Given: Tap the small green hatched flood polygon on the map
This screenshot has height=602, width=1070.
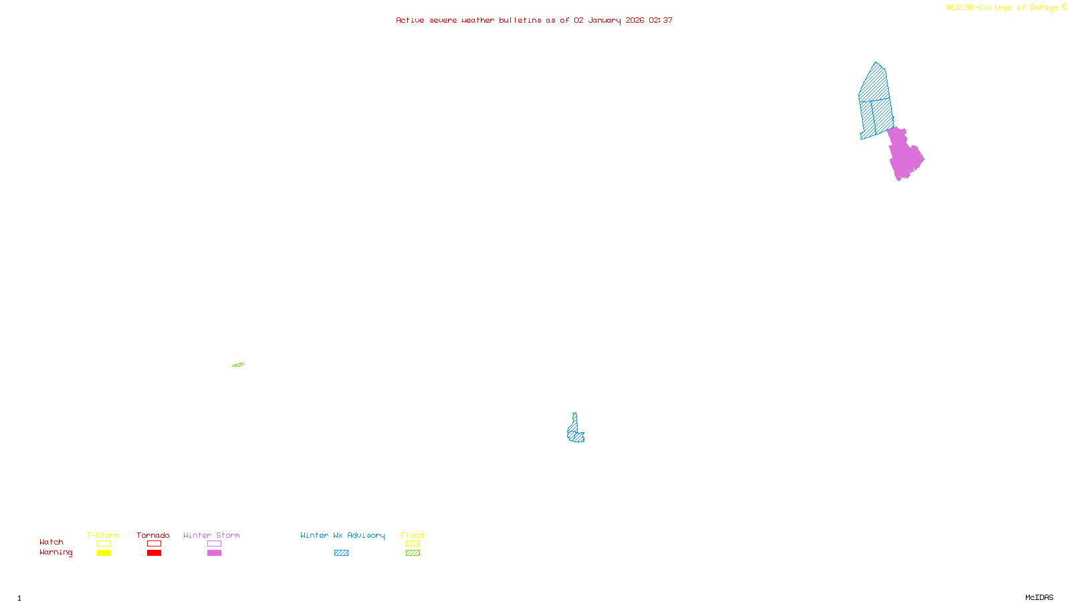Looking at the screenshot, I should coord(238,365).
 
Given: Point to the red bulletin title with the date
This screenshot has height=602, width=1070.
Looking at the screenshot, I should coord(534,20).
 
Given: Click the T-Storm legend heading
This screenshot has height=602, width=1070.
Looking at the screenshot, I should coord(103,535).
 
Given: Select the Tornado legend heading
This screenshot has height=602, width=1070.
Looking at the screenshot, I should coord(153,535).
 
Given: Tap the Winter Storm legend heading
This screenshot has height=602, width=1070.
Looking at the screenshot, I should coord(211,535).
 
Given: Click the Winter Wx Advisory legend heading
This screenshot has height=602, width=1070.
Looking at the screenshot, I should coord(342,535).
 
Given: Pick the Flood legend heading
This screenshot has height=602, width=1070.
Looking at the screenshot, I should coord(413,535).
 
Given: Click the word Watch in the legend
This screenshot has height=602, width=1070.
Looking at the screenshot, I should coord(51,542).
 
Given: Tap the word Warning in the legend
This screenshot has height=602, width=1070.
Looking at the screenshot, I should coord(56,553).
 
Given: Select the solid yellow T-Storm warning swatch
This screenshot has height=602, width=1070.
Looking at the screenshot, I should coord(104,553).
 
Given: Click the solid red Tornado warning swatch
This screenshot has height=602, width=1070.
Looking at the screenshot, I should coord(154,553).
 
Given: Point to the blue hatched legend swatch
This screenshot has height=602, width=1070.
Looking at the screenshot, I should coord(342,553).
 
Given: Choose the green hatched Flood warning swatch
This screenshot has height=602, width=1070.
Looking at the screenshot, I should coord(413,553).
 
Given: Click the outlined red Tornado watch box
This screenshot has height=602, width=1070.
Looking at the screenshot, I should coord(154,544).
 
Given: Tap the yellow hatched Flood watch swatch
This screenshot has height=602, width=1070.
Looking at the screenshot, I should coord(413,544).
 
